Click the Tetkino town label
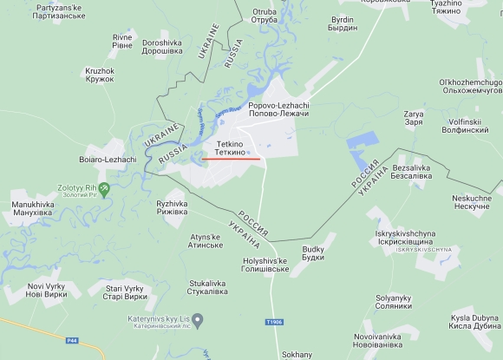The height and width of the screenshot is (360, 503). pos(229,147)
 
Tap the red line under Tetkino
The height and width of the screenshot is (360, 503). pos(231,159)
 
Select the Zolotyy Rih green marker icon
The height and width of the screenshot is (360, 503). pos(105,187)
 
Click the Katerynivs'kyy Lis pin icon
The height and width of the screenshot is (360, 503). pos(198,322)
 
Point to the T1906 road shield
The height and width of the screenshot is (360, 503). pos(275,323)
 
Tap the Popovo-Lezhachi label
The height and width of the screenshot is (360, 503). pos(278,110)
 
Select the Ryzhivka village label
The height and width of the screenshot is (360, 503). pos(172,207)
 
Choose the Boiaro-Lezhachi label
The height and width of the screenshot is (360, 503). pos(108,160)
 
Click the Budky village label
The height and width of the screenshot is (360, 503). pos(313,253)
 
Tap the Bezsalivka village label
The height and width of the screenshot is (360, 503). pos(412,171)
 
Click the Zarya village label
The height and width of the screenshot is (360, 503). pos(414,117)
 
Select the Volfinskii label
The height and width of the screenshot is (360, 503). pos(472,127)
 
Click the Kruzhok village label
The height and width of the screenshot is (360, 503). pos(100,75)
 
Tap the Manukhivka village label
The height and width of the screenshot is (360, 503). pos(32,208)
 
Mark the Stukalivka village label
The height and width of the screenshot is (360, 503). pos(207,287)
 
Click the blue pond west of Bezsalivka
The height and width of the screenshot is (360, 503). pos(363,149)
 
